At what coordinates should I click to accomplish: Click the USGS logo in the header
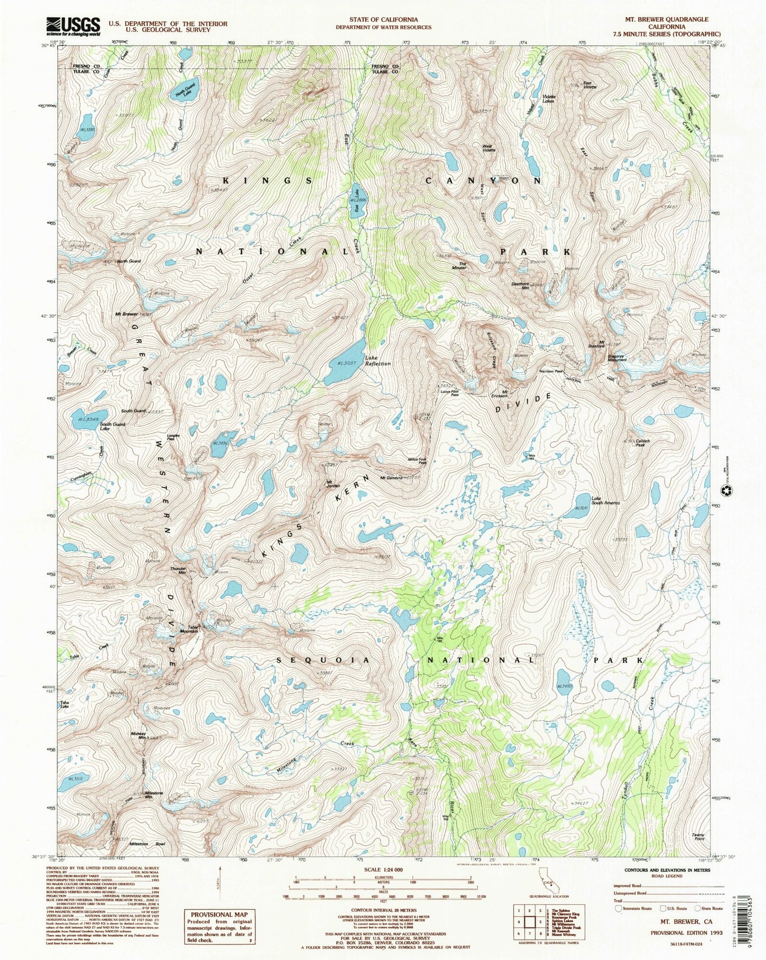click(74, 25)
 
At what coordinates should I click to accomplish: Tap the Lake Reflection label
click(377, 361)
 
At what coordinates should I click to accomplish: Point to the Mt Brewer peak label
click(126, 314)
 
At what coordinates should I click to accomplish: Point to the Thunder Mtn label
click(178, 571)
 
